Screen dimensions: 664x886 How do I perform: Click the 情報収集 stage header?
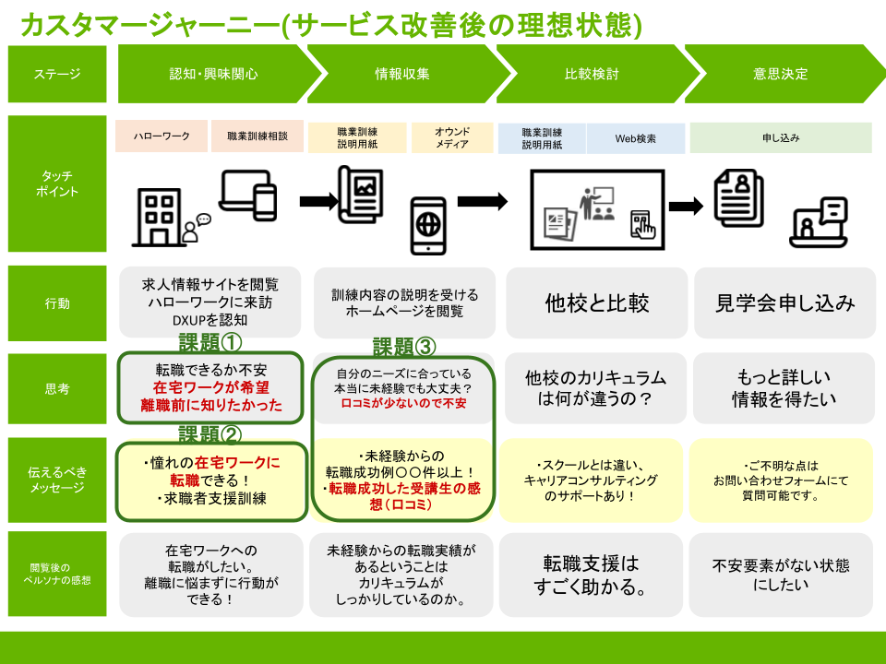402,74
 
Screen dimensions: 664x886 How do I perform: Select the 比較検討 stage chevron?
592,74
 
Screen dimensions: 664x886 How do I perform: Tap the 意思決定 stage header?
780,74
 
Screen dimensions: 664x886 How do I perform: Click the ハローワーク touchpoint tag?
162,136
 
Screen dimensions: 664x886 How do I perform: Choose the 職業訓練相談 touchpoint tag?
257,136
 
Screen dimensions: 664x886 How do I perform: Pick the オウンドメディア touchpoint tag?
451,137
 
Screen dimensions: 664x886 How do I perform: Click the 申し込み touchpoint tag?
781,137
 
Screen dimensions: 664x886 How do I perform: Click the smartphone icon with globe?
427,224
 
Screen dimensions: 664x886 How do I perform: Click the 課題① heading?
210,343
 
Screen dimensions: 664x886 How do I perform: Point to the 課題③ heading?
403,347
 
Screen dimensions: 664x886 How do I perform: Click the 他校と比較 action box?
596,302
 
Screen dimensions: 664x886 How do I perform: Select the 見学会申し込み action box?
784,302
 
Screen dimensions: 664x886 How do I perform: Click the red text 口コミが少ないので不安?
403,403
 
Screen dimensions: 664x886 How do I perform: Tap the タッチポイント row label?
57,184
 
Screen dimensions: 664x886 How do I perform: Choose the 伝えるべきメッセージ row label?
57,480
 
